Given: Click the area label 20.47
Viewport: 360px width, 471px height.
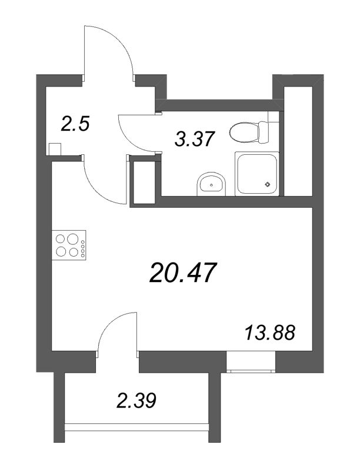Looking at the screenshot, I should click(x=184, y=273).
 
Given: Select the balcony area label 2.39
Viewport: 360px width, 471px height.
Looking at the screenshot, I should click(x=136, y=402).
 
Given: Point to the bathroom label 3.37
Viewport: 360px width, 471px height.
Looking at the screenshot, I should click(x=192, y=139).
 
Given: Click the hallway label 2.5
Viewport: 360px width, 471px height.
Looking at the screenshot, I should click(x=75, y=124).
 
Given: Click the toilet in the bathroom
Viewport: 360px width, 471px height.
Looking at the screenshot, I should click(x=244, y=132).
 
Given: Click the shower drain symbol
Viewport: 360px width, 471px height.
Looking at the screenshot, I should click(x=268, y=185).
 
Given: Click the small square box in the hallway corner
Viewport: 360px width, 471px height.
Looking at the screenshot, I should click(x=55, y=150).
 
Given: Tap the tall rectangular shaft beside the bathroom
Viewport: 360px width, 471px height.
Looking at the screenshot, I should click(x=144, y=181).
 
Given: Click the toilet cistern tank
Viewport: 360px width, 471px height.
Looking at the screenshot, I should click(x=263, y=132).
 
